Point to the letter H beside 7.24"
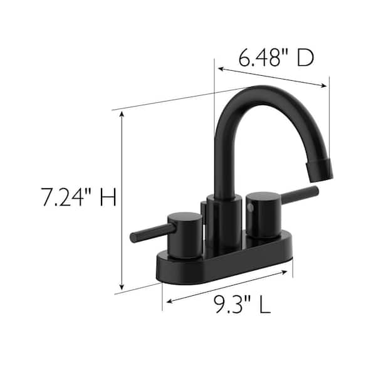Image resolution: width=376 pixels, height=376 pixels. [107, 199]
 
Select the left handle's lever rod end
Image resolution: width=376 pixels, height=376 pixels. [134, 237]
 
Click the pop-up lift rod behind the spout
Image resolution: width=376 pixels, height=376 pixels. [205, 213]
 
